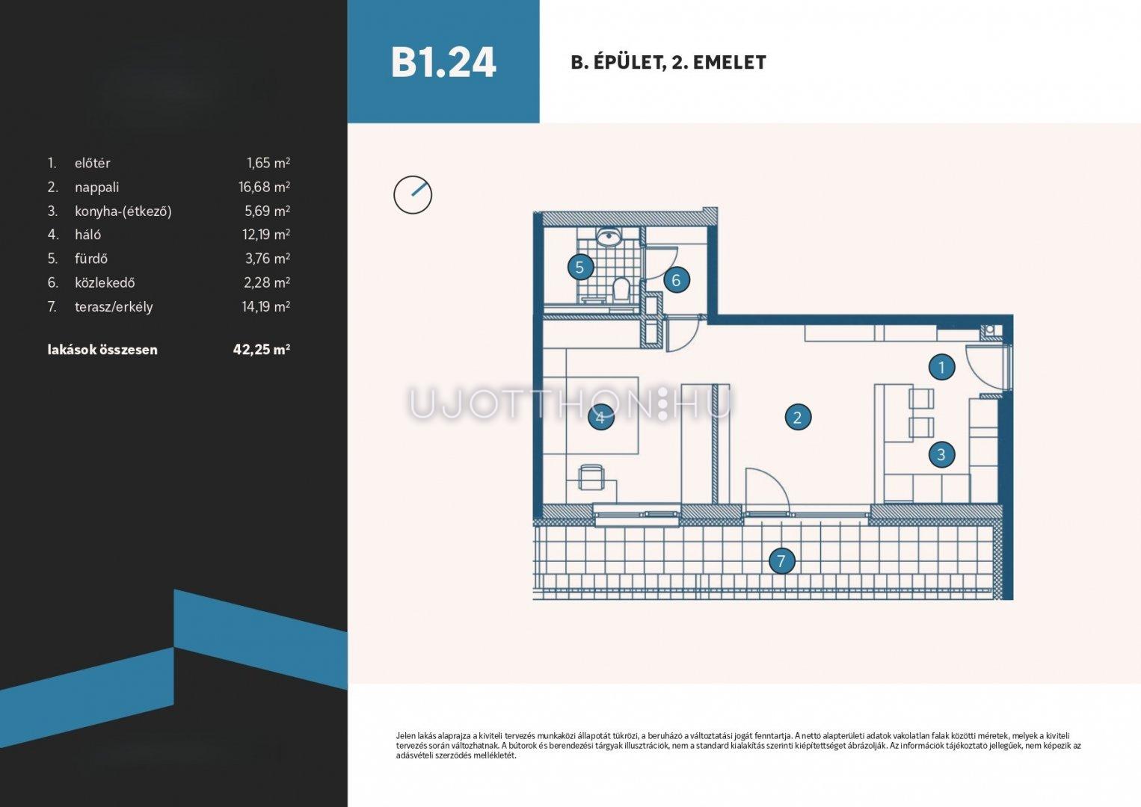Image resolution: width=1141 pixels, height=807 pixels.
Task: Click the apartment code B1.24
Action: coord(443,63)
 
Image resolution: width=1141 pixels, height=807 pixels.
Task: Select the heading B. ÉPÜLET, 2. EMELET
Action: coord(668,63)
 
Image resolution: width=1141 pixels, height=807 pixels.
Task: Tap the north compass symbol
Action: coord(413,195)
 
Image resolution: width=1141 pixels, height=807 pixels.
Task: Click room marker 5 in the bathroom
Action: coord(581,268)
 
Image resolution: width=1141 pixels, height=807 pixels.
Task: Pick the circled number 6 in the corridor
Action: coord(677,279)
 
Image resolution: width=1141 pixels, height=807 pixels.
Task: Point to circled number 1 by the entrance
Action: coord(941,367)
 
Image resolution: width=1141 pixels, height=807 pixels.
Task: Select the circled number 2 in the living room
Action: coord(798,418)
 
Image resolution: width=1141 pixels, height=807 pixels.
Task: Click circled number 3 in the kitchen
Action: coord(941,454)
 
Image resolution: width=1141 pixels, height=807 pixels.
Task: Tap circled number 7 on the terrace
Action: coord(781,561)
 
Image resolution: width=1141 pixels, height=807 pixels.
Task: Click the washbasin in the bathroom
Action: coord(608,238)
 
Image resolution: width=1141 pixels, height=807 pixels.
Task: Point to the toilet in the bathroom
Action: coord(621,288)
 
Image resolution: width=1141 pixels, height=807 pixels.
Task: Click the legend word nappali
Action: coord(96,188)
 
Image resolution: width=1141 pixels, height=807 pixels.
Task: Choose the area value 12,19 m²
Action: coord(266,234)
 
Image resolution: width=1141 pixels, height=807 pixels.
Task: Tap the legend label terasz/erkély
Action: coord(114,307)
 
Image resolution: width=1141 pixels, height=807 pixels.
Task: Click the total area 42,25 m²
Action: coord(261,349)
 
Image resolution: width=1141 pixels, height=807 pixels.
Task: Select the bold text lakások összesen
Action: coord(102,350)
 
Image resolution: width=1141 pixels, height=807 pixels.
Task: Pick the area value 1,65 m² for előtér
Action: coord(268,163)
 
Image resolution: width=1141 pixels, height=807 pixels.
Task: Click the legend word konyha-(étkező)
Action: coord(123,211)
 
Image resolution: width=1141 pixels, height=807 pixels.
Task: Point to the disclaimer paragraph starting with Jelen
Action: coord(739,746)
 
